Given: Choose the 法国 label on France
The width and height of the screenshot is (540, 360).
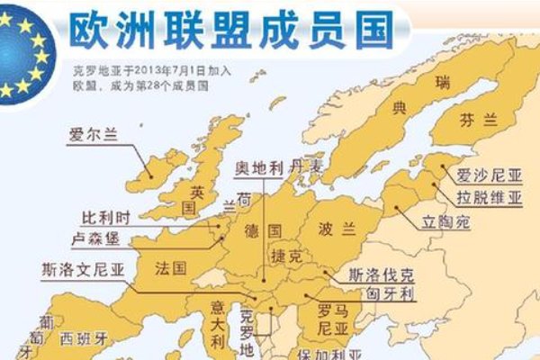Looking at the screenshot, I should pos(171,267).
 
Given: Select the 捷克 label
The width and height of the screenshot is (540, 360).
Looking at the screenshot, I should pos(287,256).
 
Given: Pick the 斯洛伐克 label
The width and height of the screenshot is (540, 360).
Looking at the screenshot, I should pos(382,276).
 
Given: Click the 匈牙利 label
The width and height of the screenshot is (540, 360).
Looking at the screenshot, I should pos(384,293).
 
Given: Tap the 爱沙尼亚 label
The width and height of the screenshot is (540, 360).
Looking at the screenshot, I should pos(486,175).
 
